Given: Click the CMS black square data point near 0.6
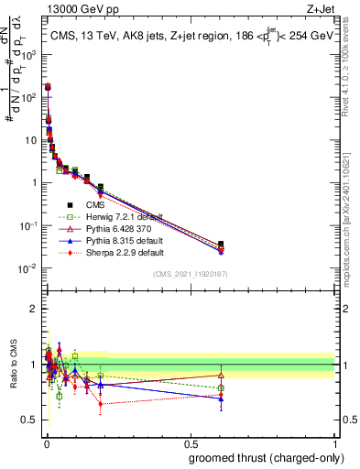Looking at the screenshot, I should pos(221,245).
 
